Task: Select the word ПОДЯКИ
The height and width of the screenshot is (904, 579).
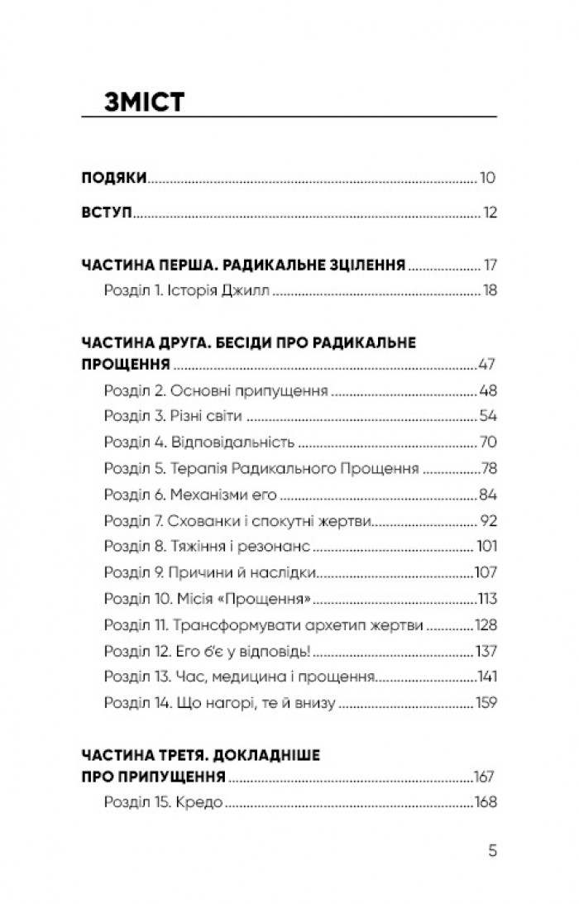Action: click(114, 178)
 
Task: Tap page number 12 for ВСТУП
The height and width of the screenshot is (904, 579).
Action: click(490, 213)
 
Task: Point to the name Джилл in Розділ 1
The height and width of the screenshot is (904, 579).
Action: click(249, 291)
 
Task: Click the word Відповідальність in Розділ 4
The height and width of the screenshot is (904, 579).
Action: click(231, 442)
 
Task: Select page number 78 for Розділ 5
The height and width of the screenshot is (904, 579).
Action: click(486, 468)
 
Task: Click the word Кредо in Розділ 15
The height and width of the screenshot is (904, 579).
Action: click(203, 802)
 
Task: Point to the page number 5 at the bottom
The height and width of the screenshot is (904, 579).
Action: click(492, 849)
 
